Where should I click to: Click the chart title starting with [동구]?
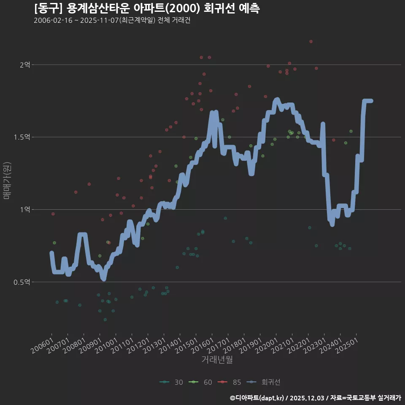[146, 8]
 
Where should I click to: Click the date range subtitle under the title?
[112, 21]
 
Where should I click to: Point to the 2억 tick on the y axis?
[25, 65]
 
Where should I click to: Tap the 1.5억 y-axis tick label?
[22, 137]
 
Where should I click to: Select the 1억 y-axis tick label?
[25, 210]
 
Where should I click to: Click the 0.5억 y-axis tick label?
[22, 282]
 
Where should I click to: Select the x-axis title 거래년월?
[217, 360]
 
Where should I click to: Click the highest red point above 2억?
[311, 41]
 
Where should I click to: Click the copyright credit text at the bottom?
[315, 398]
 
